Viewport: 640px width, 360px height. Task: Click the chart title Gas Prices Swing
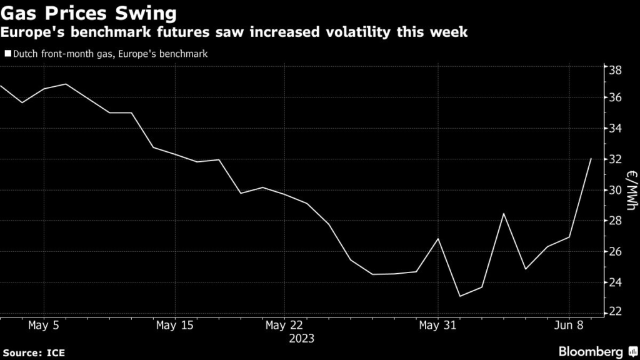click(x=87, y=13)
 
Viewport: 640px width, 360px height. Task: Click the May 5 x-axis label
click(x=44, y=325)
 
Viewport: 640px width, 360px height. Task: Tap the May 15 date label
click(x=174, y=325)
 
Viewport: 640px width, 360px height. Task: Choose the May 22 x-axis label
click(x=284, y=325)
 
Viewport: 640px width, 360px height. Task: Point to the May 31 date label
click(x=437, y=325)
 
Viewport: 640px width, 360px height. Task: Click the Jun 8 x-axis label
click(x=569, y=325)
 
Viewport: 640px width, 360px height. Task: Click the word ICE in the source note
click(x=56, y=353)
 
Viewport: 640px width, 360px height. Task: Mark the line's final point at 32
click(x=591, y=159)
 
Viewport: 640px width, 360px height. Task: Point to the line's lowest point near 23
click(x=460, y=296)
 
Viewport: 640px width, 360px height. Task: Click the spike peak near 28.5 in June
click(x=504, y=214)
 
